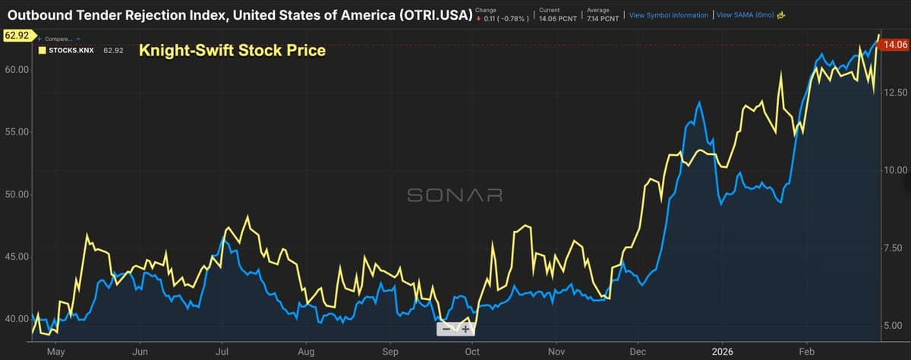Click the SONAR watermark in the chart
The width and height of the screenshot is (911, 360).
click(455, 195)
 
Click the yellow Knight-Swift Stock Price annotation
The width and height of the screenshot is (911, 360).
click(232, 51)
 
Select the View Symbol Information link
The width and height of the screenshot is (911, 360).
click(668, 15)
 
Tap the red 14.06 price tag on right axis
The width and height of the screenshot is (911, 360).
click(891, 46)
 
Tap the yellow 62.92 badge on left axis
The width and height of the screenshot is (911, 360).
click(16, 35)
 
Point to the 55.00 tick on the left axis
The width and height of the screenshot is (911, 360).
click(17, 132)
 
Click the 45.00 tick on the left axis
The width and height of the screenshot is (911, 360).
click(17, 257)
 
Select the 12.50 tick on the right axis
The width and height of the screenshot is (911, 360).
click(895, 93)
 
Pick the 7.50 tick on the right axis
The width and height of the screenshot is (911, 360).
click(895, 248)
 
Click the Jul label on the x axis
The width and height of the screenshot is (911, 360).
click(222, 352)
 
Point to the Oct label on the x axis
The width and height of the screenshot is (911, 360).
click(471, 352)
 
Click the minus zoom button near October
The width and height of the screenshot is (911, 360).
click(446, 329)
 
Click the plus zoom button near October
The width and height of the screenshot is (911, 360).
click(465, 329)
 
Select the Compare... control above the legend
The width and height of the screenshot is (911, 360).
click(58, 39)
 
